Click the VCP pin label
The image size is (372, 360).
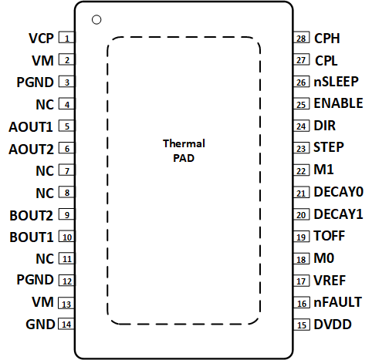(40, 38)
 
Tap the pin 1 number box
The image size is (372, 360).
(67, 38)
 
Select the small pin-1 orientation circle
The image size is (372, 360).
(96, 19)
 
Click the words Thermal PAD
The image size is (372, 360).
(184, 151)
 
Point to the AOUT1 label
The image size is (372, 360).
(32, 126)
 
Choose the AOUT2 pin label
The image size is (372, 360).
(32, 149)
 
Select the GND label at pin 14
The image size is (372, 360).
(39, 325)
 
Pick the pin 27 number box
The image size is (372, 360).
(302, 59)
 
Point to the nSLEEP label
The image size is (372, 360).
(336, 82)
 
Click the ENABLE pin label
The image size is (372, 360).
(337, 103)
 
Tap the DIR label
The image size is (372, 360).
(325, 126)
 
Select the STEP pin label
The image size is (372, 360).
(329, 147)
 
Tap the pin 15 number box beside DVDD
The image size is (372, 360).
(302, 325)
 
